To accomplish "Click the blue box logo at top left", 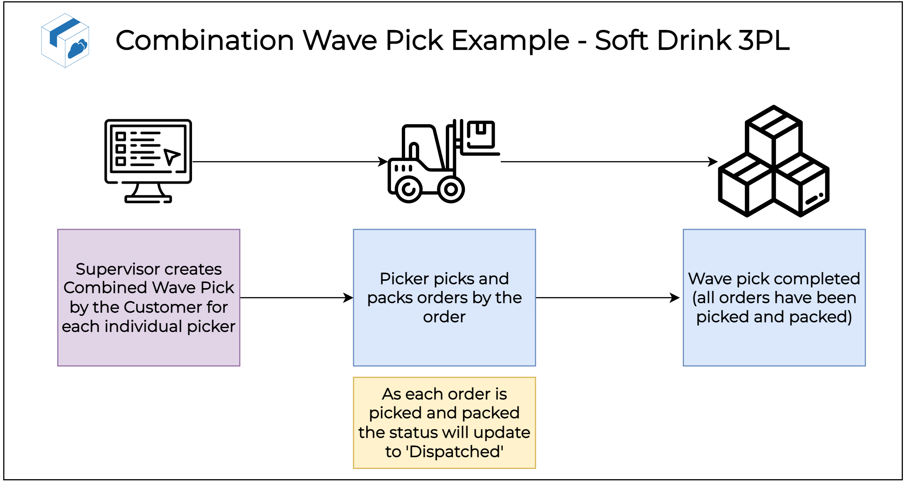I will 65,41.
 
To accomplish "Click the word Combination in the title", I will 205,41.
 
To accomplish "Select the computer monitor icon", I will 148,160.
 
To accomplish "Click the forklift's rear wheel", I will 408,189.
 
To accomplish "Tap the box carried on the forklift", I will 480,134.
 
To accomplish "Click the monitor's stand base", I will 148,199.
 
